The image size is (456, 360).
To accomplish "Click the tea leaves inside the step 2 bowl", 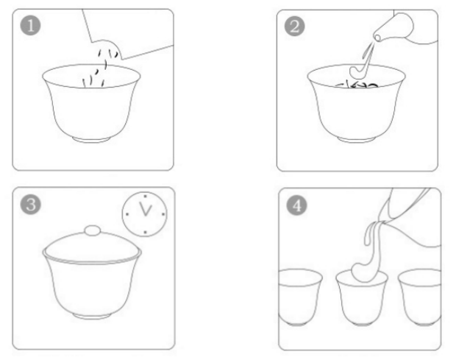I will coord(358,87).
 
